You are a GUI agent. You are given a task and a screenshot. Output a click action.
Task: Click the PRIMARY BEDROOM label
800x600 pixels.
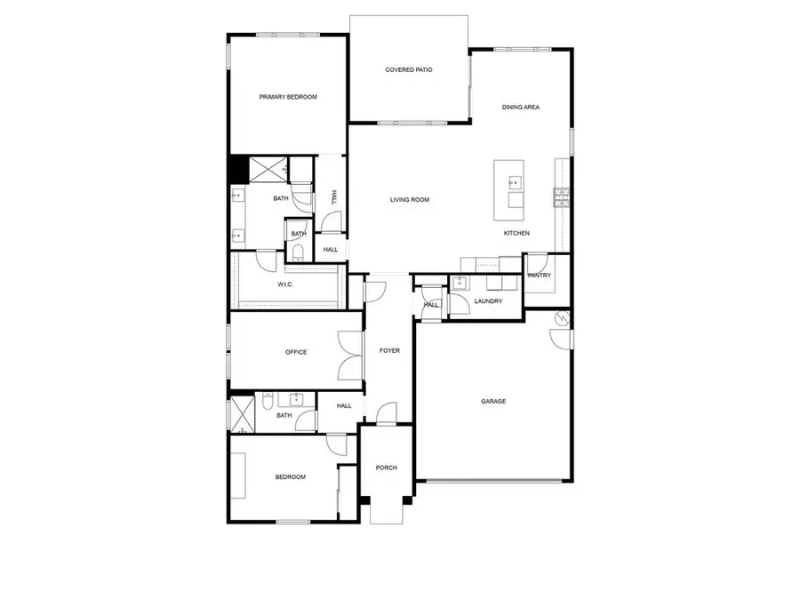coord(287,97)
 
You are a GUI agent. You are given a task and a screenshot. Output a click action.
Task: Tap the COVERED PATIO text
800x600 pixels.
coord(409,69)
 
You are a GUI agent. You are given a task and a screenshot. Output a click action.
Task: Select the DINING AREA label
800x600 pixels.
coord(521,108)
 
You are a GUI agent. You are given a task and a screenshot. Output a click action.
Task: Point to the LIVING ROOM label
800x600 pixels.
coord(410,200)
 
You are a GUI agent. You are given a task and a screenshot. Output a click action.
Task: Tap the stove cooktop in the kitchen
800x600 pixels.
coord(561,196)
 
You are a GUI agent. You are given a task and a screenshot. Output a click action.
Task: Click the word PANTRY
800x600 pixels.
coord(540,276)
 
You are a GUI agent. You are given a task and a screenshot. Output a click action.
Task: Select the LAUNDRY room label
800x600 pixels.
coord(488,301)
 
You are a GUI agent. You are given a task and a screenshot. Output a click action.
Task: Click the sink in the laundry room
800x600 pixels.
coord(460,284)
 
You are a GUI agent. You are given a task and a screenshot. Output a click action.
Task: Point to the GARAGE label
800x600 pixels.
coord(493,401)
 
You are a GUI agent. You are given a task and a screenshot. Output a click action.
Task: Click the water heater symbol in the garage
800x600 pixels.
coord(561,317)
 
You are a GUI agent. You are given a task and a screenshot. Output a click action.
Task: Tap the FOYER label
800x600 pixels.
coord(389,350)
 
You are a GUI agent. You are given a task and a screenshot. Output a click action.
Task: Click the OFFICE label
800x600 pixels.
coord(296,352)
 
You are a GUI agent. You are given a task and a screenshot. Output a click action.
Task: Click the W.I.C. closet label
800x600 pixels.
coord(285,284)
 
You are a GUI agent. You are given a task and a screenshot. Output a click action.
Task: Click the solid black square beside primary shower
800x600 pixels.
coord(237,168)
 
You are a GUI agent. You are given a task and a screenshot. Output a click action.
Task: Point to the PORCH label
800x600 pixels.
coord(386,468)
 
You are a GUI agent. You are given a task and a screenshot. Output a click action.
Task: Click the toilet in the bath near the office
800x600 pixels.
coord(268,404)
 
